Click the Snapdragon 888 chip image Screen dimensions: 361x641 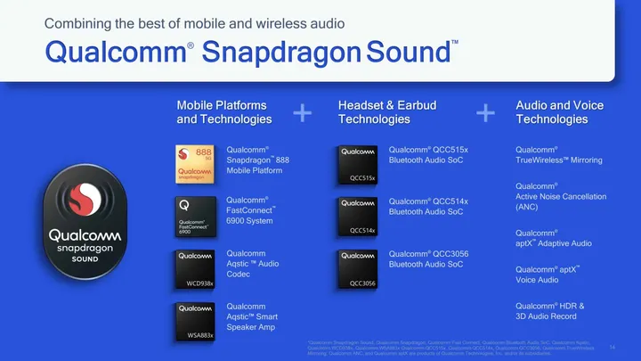pyautogui.click(x=197, y=163)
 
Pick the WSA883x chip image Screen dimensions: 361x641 pyautogui.click(x=197, y=318)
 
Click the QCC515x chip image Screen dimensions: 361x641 pyautogui.click(x=359, y=163)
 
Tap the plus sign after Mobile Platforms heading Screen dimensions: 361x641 pyautogui.click(x=303, y=112)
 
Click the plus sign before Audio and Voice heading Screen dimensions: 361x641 pyautogui.click(x=485, y=112)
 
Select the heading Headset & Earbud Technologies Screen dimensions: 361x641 pyautogui.click(x=386, y=112)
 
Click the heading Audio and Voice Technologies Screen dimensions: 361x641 pyautogui.click(x=559, y=112)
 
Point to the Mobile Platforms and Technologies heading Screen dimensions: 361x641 pyautogui.click(x=224, y=112)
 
